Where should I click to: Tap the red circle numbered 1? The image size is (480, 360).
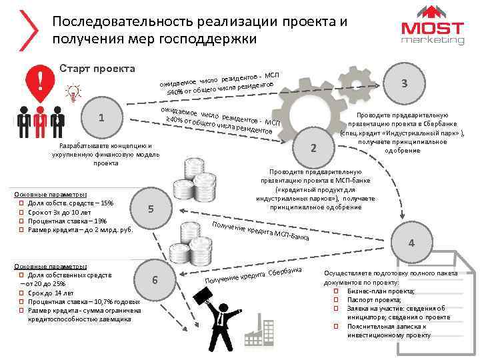101,118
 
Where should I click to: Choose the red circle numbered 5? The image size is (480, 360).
151,209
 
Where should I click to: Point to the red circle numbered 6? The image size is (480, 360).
155,279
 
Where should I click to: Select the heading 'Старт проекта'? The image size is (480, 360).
97,69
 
